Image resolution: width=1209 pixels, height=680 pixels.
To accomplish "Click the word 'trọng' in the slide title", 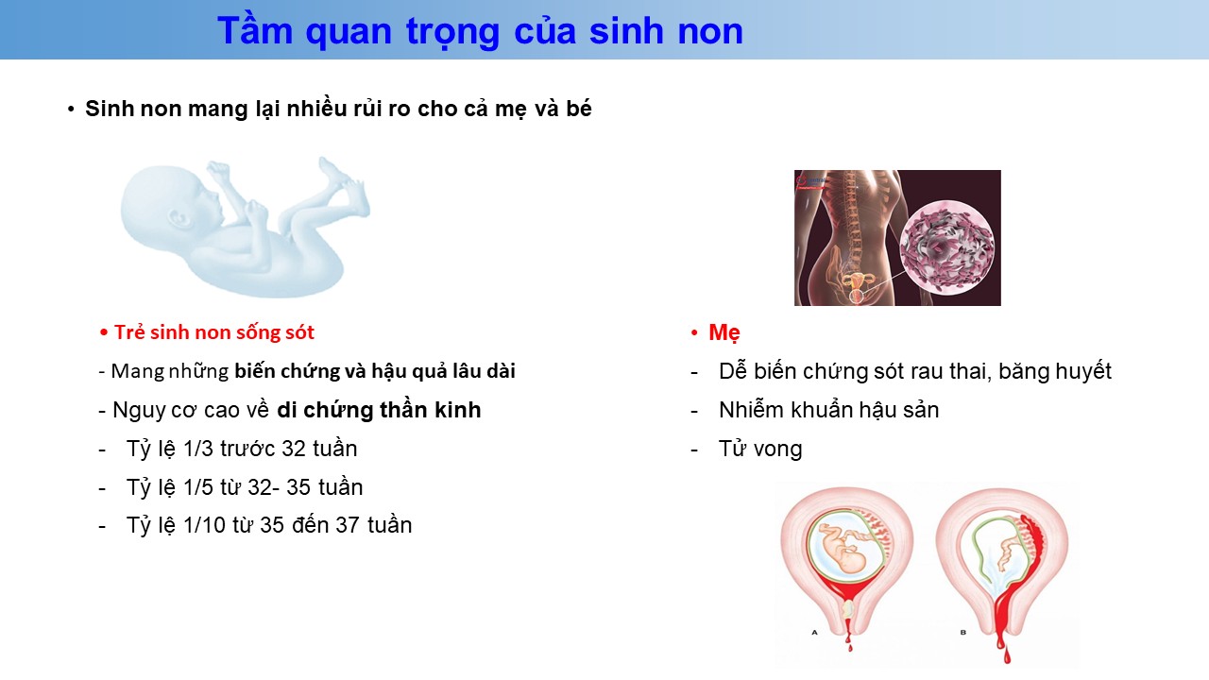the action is coord(452,32).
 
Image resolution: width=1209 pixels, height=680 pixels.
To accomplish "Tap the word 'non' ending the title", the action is coord(710,31).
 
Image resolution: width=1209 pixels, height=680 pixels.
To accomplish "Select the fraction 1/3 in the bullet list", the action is coord(198,449).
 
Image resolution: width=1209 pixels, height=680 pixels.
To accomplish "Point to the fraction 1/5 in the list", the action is coord(198,487).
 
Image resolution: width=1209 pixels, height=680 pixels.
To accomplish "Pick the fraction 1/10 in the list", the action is coord(204,525).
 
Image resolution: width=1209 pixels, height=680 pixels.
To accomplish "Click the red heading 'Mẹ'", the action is coord(724,332).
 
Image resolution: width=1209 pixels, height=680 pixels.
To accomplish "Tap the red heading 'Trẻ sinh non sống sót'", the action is coord(213,332).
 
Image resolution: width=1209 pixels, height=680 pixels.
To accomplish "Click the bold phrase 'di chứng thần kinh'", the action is coord(379,410).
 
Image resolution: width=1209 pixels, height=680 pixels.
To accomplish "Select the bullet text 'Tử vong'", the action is coord(760,449).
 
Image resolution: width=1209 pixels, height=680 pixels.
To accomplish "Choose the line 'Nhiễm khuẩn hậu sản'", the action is coord(829,410).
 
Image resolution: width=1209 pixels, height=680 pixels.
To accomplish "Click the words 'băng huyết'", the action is coord(1055,372).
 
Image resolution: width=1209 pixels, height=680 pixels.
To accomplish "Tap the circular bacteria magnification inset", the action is coord(946,247).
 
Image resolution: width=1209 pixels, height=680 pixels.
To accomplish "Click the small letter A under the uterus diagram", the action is coord(814,632).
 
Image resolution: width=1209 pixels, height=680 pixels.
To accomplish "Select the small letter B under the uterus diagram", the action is coord(962,632).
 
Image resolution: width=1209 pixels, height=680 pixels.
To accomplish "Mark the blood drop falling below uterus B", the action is coord(1007,655).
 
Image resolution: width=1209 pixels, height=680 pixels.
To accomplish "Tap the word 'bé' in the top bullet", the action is coord(579,109).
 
